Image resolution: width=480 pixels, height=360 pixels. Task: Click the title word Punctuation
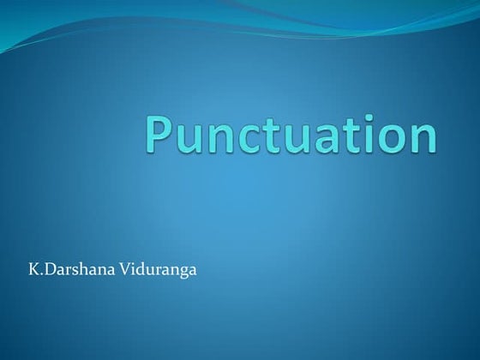click(x=291, y=135)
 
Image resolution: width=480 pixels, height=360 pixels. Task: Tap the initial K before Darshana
click(x=33, y=273)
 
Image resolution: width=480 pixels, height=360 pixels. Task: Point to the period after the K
click(x=39, y=277)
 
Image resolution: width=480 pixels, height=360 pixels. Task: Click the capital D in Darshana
click(x=48, y=273)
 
